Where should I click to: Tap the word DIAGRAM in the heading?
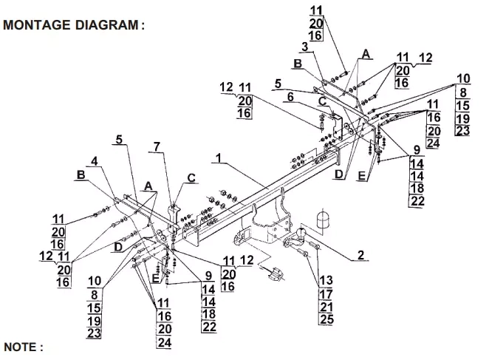[x=107, y=24]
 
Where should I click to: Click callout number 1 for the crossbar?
[x=219, y=157]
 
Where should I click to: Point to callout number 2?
[x=361, y=255]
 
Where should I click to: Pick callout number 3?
[x=304, y=47]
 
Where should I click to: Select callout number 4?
[x=94, y=160]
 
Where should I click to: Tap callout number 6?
[x=290, y=96]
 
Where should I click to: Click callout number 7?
[x=157, y=146]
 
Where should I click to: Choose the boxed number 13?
[x=326, y=280]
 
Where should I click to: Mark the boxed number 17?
[x=326, y=293]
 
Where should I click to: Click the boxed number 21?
[x=326, y=307]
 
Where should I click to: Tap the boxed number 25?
[x=326, y=319]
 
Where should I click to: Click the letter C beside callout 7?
[x=191, y=177]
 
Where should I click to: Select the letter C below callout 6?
[x=323, y=101]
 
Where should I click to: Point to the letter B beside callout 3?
[x=297, y=64]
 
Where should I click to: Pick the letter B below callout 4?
[x=79, y=175]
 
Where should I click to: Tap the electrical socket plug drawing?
[x=273, y=274]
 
